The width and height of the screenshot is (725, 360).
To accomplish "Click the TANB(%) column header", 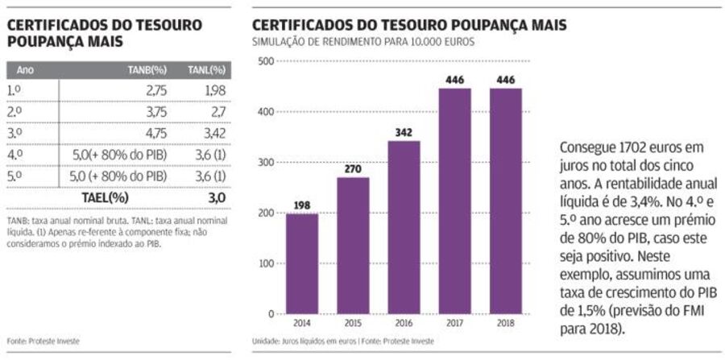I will coord(147,70).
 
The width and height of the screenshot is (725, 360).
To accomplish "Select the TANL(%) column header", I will coord(206,70).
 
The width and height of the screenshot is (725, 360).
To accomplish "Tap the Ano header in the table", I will coord(25,70).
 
